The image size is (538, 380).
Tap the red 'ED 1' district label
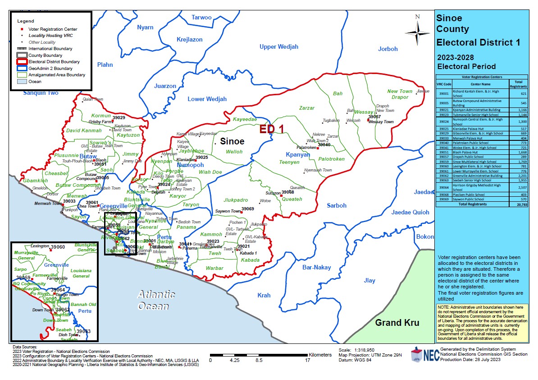click(271, 130)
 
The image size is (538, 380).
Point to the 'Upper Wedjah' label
click(278, 47)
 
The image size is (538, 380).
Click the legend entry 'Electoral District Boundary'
click(54, 62)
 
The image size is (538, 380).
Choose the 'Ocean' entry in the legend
click(35, 82)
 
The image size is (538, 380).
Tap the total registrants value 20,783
click(518, 204)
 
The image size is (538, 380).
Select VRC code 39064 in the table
click(443, 187)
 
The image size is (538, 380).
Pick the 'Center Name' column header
click(481, 83)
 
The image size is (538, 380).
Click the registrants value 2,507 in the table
click(518, 187)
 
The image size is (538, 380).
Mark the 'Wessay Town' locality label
click(381, 122)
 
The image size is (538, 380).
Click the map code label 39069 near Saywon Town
click(247, 209)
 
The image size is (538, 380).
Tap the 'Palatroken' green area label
click(331, 159)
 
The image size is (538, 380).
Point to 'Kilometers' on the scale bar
click(321, 355)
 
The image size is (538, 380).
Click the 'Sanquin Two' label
click(41, 93)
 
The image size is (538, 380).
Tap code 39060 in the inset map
click(58, 247)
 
